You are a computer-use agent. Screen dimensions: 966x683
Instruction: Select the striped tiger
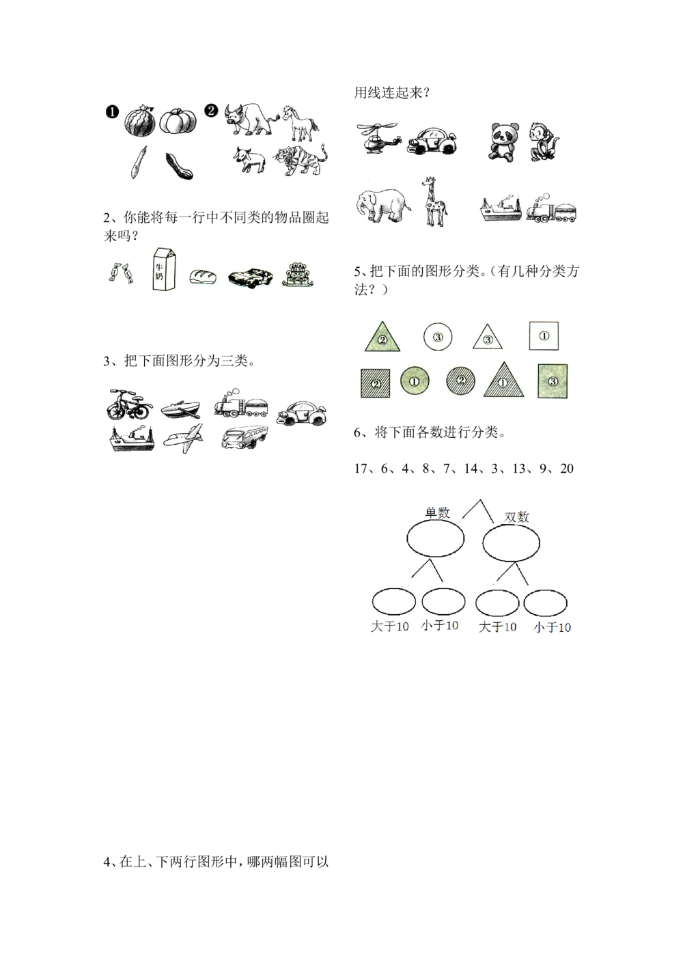tap(301, 163)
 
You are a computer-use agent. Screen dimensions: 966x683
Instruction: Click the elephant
tap(382, 204)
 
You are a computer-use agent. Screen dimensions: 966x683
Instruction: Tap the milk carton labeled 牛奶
tap(163, 269)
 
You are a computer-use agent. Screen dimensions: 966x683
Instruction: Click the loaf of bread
tap(202, 277)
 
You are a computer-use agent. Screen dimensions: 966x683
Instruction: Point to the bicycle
tap(129, 404)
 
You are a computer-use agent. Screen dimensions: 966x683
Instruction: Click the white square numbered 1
tap(544, 335)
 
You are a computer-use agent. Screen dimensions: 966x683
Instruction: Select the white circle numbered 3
tap(438, 336)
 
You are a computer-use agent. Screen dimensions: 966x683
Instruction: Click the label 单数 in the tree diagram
tap(437, 513)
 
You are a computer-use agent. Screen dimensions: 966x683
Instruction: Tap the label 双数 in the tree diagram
tap(517, 517)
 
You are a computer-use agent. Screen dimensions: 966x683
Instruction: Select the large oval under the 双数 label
tap(511, 543)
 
